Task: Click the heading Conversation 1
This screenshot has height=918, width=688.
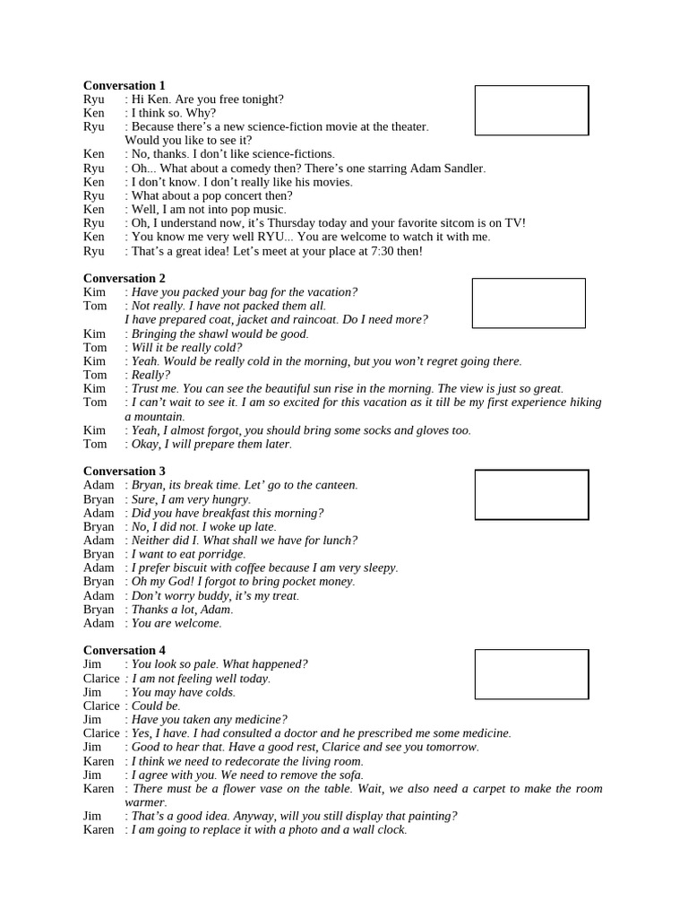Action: [x=125, y=85]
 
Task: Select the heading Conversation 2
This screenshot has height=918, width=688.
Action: [x=125, y=278]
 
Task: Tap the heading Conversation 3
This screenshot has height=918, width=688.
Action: [x=125, y=471]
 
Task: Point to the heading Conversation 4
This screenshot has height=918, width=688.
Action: [x=125, y=650]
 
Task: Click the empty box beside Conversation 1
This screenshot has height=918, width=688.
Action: [x=531, y=110]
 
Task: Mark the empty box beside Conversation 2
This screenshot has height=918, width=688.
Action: [x=529, y=303]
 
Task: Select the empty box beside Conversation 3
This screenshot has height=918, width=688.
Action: [x=531, y=495]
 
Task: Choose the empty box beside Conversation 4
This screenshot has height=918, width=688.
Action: [x=531, y=674]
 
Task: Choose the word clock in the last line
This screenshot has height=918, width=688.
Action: [x=389, y=830]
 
